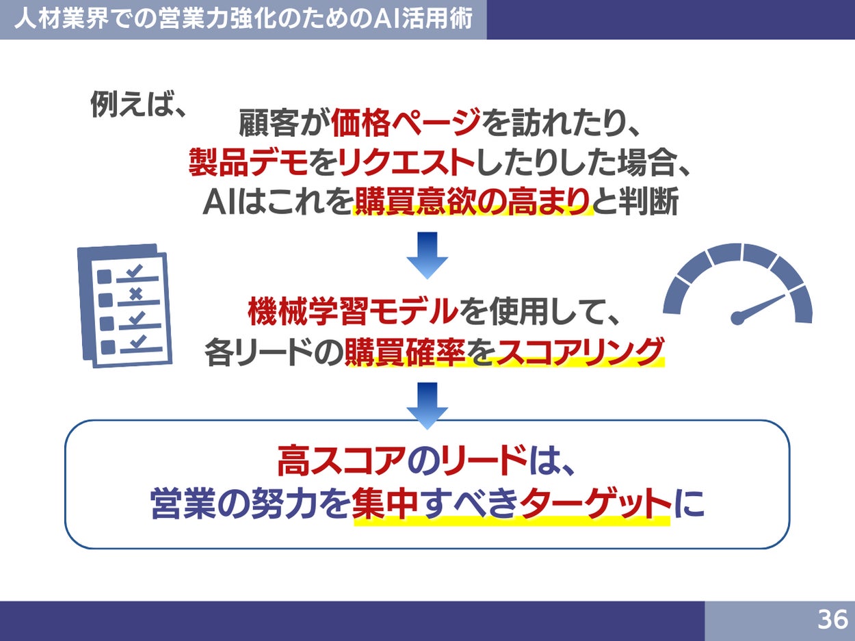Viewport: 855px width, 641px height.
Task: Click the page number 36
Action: tap(832, 620)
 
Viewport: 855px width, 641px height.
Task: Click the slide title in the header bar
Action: tap(243, 18)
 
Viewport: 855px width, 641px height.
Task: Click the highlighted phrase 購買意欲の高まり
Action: tap(472, 201)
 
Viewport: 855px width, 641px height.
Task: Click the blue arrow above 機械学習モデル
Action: tap(427, 255)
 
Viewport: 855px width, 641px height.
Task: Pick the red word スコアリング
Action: tap(579, 352)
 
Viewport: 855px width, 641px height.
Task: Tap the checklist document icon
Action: tap(124, 305)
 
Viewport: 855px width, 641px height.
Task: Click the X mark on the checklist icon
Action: tap(135, 295)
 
